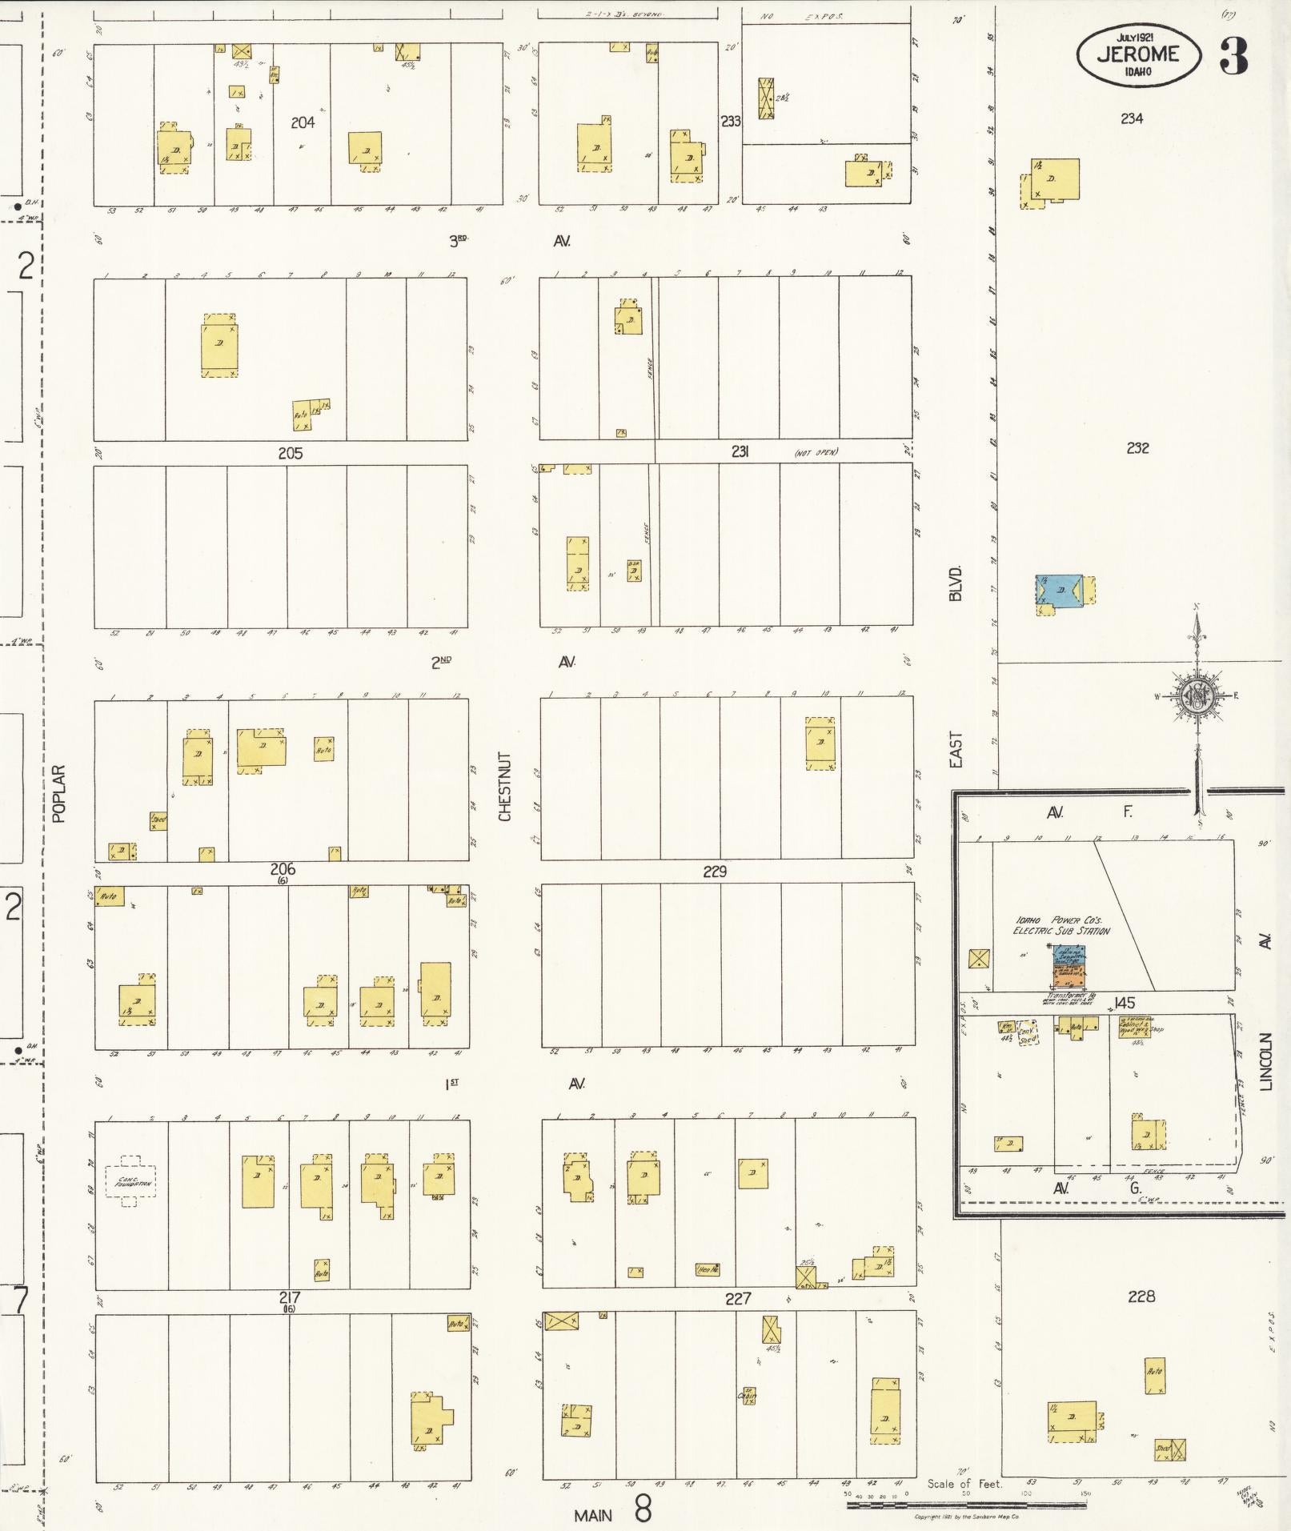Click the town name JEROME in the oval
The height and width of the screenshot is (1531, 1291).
pyautogui.click(x=1138, y=54)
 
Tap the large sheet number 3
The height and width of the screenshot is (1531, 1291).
pyautogui.click(x=1233, y=55)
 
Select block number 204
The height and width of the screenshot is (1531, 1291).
pyautogui.click(x=303, y=122)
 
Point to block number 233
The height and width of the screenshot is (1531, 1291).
pyautogui.click(x=730, y=122)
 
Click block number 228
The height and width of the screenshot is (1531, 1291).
pyautogui.click(x=1141, y=1296)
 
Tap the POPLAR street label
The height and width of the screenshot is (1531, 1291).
pyautogui.click(x=58, y=793)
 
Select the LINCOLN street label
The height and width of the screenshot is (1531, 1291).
pyautogui.click(x=1265, y=1062)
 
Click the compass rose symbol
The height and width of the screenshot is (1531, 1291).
pyautogui.click(x=1197, y=696)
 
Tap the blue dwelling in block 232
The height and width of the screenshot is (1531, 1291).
pyautogui.click(x=1060, y=590)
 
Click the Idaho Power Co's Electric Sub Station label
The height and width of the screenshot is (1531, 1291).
pyautogui.click(x=1060, y=925)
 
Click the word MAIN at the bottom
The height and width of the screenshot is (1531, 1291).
pyautogui.click(x=593, y=1514)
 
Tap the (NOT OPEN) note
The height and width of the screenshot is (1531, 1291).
pyautogui.click(x=816, y=453)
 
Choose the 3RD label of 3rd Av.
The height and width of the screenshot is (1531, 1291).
pyautogui.click(x=457, y=240)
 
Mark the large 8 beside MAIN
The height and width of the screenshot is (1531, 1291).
pyautogui.click(x=642, y=1509)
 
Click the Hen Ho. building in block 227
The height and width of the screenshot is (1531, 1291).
pyautogui.click(x=707, y=1269)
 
